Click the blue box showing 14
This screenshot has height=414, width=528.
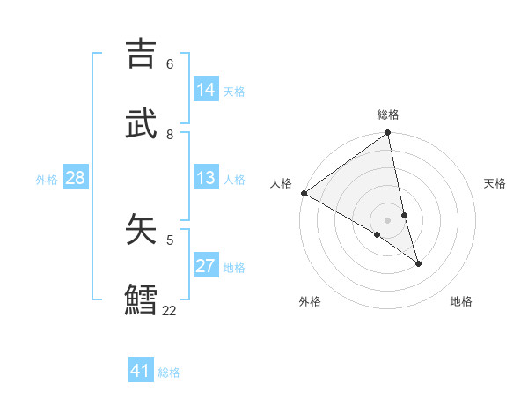[x=206, y=90]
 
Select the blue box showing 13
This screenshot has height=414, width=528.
[x=206, y=178]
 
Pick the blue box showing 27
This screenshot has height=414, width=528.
[x=206, y=266]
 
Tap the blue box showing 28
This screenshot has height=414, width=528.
[x=76, y=178]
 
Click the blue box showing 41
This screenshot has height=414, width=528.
[x=141, y=371]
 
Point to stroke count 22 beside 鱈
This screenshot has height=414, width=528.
[x=169, y=310]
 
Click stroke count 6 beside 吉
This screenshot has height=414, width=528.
[x=170, y=64]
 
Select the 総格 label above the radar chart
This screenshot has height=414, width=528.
[x=388, y=115]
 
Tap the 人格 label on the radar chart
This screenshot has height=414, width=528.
[x=281, y=183]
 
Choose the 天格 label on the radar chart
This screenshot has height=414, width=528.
[x=495, y=183]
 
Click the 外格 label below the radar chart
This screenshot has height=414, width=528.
[x=310, y=301]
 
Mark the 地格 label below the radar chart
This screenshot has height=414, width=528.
[x=461, y=301]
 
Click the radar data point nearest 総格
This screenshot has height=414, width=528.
[x=388, y=134]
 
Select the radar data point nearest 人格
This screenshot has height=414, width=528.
[x=304, y=193]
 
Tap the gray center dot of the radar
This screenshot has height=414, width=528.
[x=388, y=219]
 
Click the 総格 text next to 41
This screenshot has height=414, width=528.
[x=169, y=373]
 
